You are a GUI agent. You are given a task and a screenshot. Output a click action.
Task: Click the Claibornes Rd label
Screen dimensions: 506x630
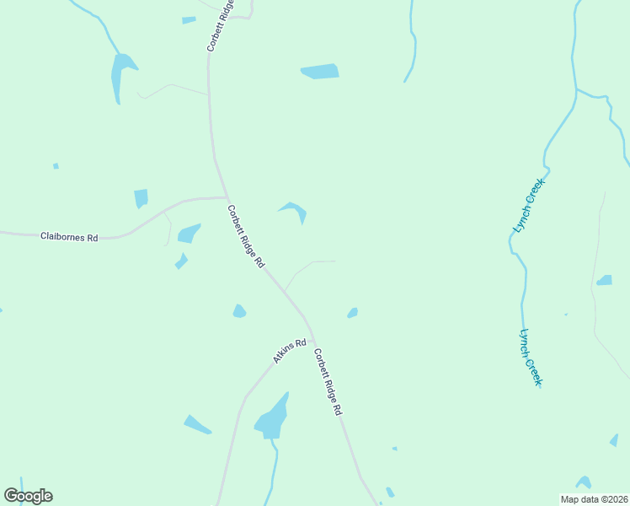click(x=69, y=238)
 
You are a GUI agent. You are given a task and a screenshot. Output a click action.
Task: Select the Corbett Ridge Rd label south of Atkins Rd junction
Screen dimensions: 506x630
click(x=328, y=381)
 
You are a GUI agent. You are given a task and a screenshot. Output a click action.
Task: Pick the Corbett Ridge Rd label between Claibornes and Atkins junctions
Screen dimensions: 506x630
click(x=246, y=236)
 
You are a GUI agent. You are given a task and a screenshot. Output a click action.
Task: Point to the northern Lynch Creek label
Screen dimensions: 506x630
click(x=530, y=204)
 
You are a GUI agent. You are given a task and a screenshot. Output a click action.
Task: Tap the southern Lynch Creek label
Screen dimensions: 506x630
click(x=531, y=358)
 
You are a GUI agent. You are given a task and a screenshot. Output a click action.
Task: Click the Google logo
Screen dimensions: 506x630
click(x=28, y=496)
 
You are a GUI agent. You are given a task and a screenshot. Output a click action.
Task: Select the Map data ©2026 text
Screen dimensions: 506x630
click(x=594, y=499)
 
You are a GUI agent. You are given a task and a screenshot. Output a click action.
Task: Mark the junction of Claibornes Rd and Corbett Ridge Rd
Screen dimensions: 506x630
click(x=227, y=198)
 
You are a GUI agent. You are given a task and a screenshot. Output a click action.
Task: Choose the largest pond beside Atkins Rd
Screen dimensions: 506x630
click(x=272, y=417)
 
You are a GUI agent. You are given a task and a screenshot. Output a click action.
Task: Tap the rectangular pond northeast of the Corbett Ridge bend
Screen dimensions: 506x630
click(x=320, y=72)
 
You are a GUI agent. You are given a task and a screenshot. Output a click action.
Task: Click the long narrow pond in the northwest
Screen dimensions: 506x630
click(x=120, y=76)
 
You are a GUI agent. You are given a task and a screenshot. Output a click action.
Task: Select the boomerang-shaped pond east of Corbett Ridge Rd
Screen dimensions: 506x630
click(x=295, y=210)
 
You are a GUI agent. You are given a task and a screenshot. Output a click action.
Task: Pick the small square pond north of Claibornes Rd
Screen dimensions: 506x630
click(x=141, y=198)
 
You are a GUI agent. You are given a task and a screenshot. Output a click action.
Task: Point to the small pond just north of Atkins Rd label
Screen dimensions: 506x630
click(x=239, y=311)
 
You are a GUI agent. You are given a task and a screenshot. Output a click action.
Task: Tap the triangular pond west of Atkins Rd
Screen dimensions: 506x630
click(x=197, y=424)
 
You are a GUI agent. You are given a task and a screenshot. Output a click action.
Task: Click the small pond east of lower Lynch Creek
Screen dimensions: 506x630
click(x=604, y=280)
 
